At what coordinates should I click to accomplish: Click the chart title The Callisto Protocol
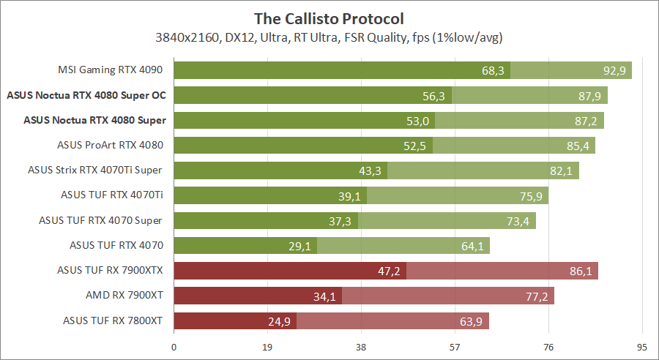[x=329, y=18]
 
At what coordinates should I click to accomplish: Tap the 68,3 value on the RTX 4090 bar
[x=494, y=71]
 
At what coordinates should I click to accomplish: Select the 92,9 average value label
[x=613, y=71]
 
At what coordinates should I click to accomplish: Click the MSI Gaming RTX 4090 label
[x=110, y=70]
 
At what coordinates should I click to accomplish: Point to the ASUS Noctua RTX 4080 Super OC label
[x=86, y=95]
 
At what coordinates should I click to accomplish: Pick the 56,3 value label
[x=434, y=96]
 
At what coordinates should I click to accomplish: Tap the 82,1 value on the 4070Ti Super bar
[x=560, y=170]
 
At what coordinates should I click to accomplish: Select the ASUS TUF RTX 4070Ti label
[x=112, y=195]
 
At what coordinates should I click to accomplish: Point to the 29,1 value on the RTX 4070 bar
[x=299, y=246]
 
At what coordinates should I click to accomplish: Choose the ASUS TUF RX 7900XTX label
[x=110, y=270]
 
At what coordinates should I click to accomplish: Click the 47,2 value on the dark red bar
[x=389, y=271]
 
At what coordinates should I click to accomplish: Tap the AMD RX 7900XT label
[x=124, y=295]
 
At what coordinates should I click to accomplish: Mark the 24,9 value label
[x=279, y=321]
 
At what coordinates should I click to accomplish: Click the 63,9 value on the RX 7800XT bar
[x=470, y=321]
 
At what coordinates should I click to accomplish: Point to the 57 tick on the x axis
[x=455, y=348]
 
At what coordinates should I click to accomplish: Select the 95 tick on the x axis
[x=642, y=348]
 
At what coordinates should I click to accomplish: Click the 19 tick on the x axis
[x=267, y=348]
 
